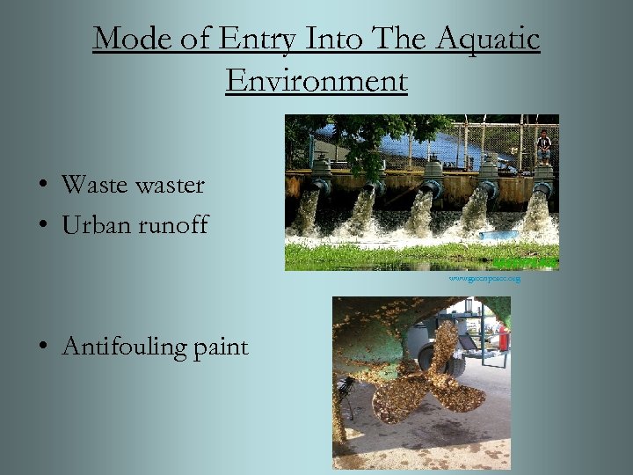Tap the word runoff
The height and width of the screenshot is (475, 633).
point(172,225)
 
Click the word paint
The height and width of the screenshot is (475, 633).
point(222,347)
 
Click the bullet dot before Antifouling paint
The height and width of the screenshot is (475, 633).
point(42,347)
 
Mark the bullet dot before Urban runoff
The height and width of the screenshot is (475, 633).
point(42,226)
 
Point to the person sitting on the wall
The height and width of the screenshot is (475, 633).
point(544,146)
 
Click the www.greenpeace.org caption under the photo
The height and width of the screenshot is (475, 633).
point(484,279)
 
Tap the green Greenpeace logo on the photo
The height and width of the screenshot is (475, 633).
point(524,262)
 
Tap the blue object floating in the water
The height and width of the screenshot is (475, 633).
point(499,236)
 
